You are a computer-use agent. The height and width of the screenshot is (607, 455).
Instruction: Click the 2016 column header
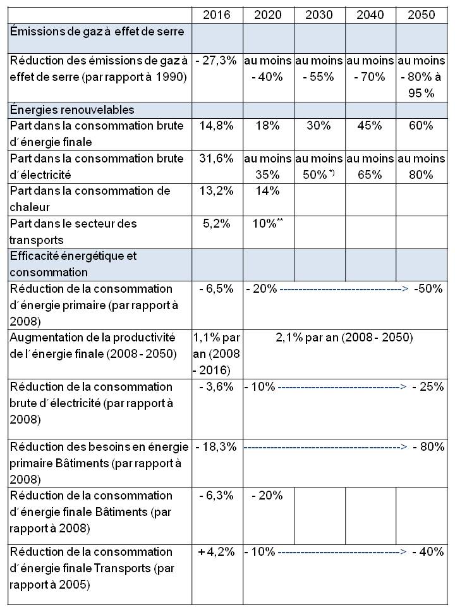pyautogui.click(x=217, y=15)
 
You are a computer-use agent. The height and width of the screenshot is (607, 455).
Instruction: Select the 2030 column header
pyautogui.click(x=319, y=15)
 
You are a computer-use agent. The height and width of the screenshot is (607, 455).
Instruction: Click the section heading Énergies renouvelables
pyautogui.click(x=72, y=109)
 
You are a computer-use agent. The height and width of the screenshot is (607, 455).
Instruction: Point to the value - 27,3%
pyautogui.click(x=217, y=61)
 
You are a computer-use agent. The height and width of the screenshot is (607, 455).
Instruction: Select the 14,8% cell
pyautogui.click(x=217, y=126)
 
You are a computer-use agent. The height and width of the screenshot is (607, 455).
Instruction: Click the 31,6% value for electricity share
pyautogui.click(x=217, y=159)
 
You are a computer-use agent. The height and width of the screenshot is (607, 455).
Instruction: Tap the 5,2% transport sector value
pyautogui.click(x=217, y=224)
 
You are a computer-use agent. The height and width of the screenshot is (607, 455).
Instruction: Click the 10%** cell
pyautogui.click(x=269, y=224)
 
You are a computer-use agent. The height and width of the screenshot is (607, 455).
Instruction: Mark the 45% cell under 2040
pyautogui.click(x=370, y=126)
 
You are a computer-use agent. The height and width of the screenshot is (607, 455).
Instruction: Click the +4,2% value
pyautogui.click(x=217, y=552)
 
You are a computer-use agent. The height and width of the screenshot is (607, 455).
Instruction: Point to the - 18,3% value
pyautogui.click(x=217, y=447)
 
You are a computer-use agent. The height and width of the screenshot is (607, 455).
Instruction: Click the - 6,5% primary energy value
pyautogui.click(x=217, y=289)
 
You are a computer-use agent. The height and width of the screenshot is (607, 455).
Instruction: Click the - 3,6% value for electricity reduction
pyautogui.click(x=217, y=387)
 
